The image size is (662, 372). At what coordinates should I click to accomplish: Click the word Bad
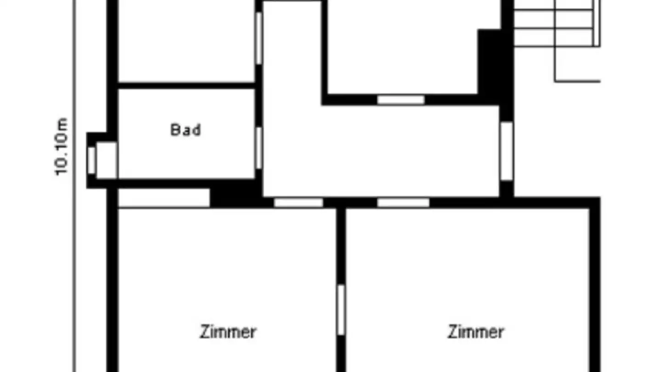pyautogui.click(x=186, y=130)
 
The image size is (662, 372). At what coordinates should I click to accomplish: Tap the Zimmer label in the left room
pyautogui.click(x=228, y=332)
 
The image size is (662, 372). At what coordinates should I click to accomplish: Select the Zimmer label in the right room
pyautogui.click(x=476, y=332)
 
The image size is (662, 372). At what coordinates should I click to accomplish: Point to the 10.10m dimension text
pyautogui.click(x=62, y=147)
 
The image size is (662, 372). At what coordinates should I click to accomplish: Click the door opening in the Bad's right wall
pyautogui.click(x=258, y=148)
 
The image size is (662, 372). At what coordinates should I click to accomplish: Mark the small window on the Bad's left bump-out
pyautogui.click(x=91, y=161)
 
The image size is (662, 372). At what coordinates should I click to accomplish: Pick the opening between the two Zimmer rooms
pyautogui.click(x=341, y=310)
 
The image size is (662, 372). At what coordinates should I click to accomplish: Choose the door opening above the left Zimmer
pyautogui.click(x=298, y=203)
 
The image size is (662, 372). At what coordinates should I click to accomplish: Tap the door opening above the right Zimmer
pyautogui.click(x=404, y=203)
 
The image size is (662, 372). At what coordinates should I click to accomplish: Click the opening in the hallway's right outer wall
pyautogui.click(x=507, y=151)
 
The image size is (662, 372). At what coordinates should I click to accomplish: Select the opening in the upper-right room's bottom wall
pyautogui.click(x=401, y=100)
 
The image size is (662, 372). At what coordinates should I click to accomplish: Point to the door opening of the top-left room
pyautogui.click(x=258, y=38)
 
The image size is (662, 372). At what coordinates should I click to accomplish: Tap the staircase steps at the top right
pyautogui.click(x=557, y=23)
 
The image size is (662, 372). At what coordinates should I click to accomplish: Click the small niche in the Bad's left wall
pyautogui.click(x=107, y=160)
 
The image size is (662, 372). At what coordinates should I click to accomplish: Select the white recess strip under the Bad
pyautogui.click(x=164, y=198)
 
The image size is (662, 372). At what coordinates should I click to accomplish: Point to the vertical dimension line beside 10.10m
pyautogui.click(x=74, y=186)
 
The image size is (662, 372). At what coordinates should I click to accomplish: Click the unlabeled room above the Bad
pyautogui.click(x=187, y=41)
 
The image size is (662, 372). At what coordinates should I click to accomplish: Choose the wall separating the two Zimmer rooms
pyautogui.click(x=341, y=290)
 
